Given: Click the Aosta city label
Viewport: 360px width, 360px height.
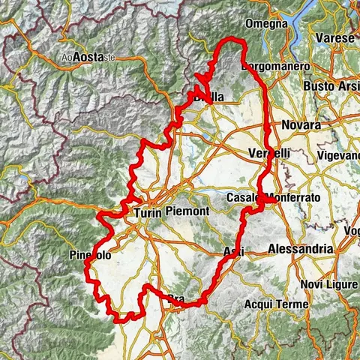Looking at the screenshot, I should point(88,58).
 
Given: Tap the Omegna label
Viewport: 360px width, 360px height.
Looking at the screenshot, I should point(270,23).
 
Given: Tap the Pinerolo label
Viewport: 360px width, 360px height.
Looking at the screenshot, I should point(90,256).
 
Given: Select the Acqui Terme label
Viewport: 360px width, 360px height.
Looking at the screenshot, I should point(272,304).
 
